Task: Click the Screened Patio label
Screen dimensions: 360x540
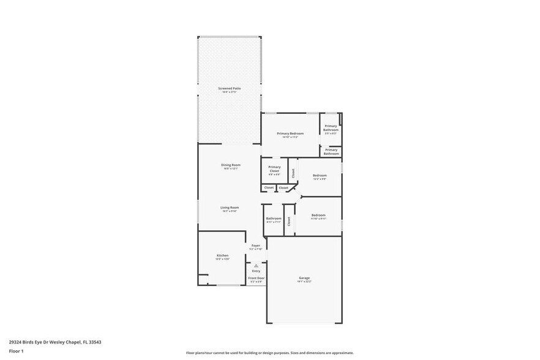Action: point(230,89)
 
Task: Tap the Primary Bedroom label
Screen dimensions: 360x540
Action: point(290,133)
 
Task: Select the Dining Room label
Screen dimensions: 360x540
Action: point(230,165)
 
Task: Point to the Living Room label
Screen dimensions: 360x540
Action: point(230,208)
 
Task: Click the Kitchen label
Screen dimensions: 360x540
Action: point(222,255)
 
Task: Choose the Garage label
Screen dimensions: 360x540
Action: point(304,278)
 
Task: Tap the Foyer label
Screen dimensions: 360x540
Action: point(256,246)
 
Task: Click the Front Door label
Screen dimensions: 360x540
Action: point(256,279)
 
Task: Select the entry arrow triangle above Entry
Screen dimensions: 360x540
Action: point(256,265)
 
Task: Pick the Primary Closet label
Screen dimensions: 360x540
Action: point(274,169)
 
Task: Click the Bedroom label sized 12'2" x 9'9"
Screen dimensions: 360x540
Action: point(320,176)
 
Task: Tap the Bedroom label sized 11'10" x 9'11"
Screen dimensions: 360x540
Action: point(318,215)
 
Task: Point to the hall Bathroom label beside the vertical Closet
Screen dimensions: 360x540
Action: point(274,219)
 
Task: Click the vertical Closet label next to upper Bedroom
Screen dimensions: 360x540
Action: point(293,173)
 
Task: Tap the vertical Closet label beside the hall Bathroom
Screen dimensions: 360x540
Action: point(288,221)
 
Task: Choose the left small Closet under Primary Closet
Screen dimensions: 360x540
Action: point(269,187)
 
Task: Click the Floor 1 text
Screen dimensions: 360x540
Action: point(17,351)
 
